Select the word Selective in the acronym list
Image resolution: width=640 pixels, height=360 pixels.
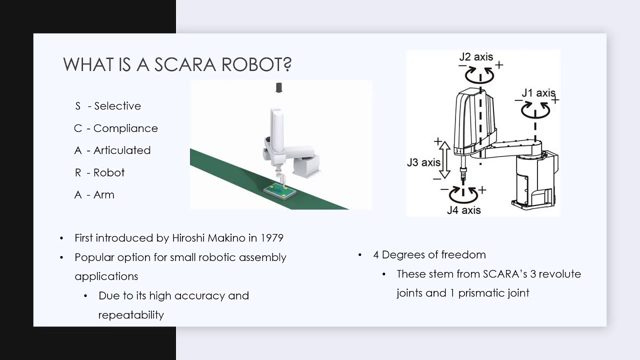coord(117,106)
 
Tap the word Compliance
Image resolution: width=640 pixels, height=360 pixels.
coord(125,128)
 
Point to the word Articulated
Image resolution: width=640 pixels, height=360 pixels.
coord(122,150)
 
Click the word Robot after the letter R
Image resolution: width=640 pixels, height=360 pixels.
coord(109,172)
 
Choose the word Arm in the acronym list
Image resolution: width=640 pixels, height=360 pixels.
coord(104,195)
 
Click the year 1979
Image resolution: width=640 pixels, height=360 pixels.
coord(271,238)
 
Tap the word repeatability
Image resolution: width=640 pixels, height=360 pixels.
coord(131,315)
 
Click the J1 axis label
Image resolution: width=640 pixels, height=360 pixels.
coord(538,93)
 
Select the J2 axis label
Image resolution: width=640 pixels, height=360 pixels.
coord(476,57)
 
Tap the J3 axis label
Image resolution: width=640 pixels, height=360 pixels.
coord(423,162)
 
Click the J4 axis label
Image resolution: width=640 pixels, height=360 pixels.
coord(463,210)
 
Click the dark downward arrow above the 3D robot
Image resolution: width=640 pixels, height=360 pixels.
coord(279,88)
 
